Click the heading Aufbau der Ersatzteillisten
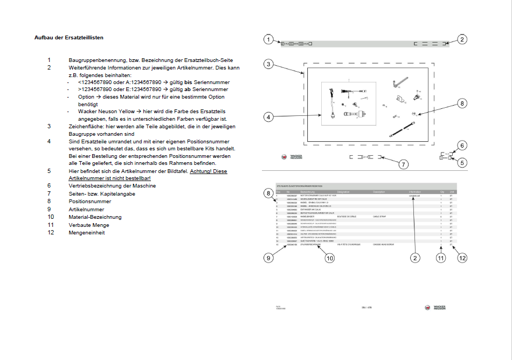coord(69,38)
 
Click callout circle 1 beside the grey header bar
coord(269,39)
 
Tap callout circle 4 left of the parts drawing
coord(269,116)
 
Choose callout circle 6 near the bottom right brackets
coord(462,146)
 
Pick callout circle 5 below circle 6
coord(462,162)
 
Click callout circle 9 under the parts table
coord(269,258)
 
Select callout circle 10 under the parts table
coord(330,258)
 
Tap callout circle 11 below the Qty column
coord(441,258)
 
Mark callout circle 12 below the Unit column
coord(462,258)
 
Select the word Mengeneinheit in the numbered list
coord(86,233)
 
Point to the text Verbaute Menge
coord(88,225)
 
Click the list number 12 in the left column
coord(50,233)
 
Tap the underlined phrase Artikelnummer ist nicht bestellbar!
coord(109,178)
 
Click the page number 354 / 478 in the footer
coord(366,307)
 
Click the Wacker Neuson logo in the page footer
coord(435,307)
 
